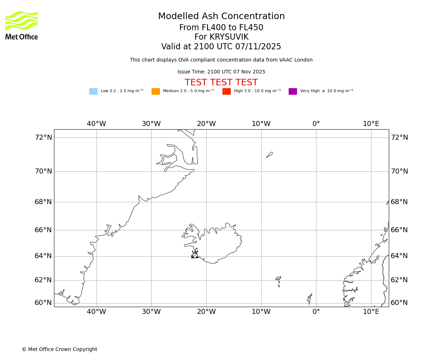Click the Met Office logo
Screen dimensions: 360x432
(22, 25)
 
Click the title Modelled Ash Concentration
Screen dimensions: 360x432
(221, 17)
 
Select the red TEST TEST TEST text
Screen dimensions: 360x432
(221, 82)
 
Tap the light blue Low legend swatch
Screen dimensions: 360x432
(93, 91)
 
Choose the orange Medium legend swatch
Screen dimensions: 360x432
(156, 91)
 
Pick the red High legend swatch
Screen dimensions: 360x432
(226, 91)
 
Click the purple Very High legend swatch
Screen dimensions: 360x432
(293, 91)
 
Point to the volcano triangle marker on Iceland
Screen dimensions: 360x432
(195, 255)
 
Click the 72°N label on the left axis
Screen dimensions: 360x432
(43, 138)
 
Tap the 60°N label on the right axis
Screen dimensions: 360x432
(399, 303)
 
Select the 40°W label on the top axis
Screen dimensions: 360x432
(96, 124)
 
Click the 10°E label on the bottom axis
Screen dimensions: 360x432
(371, 312)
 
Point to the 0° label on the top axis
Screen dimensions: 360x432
(316, 124)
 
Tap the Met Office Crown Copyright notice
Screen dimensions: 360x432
(59, 350)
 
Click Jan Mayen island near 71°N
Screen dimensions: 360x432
(269, 155)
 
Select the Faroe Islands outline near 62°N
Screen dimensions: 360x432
(278, 280)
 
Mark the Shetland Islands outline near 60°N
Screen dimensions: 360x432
(310, 298)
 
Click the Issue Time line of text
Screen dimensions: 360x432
(221, 72)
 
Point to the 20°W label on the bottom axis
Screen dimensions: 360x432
(206, 312)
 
